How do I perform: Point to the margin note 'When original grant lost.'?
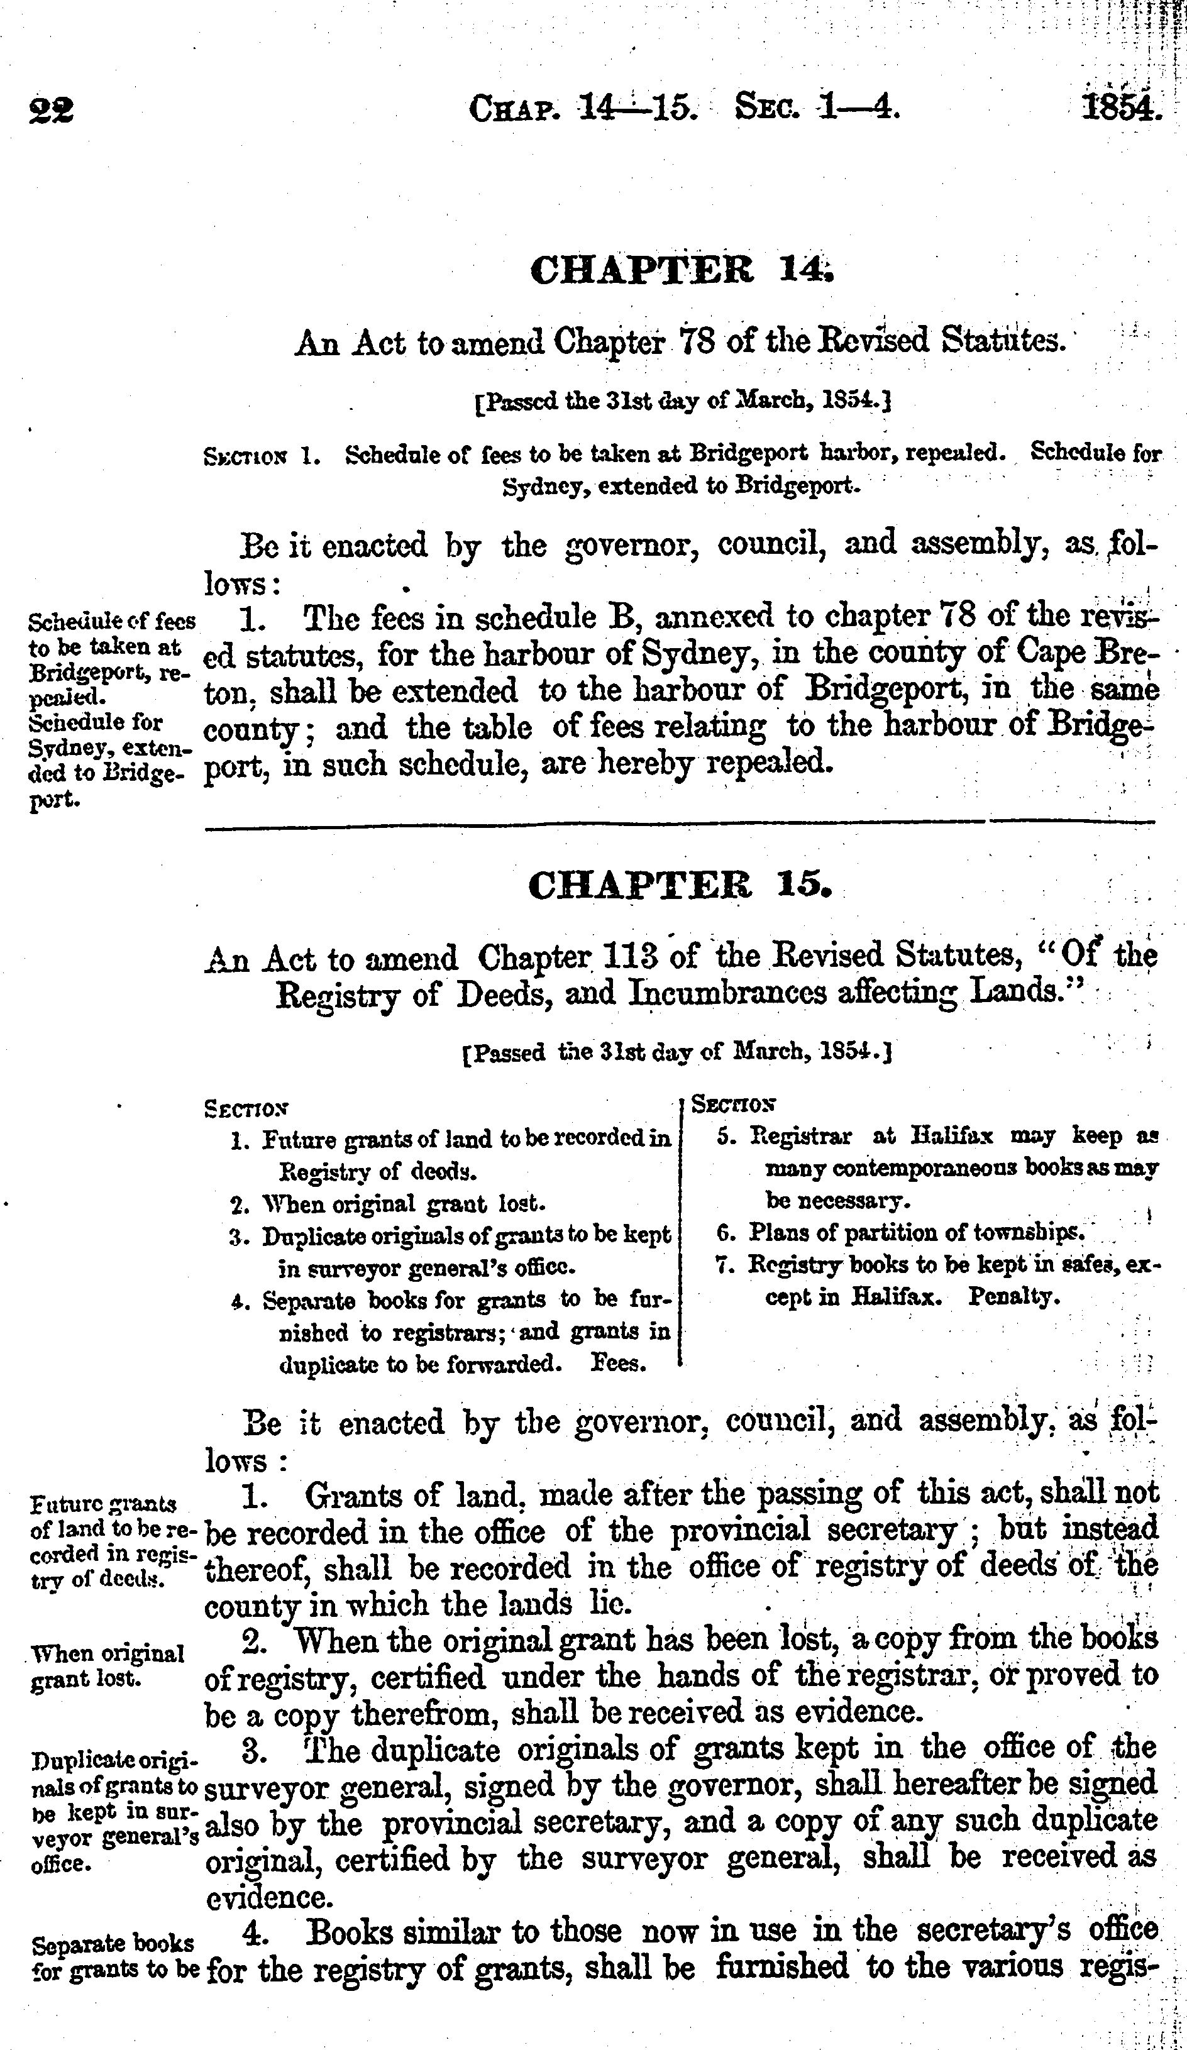[107, 1665]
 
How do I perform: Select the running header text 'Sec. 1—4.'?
[817, 107]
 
